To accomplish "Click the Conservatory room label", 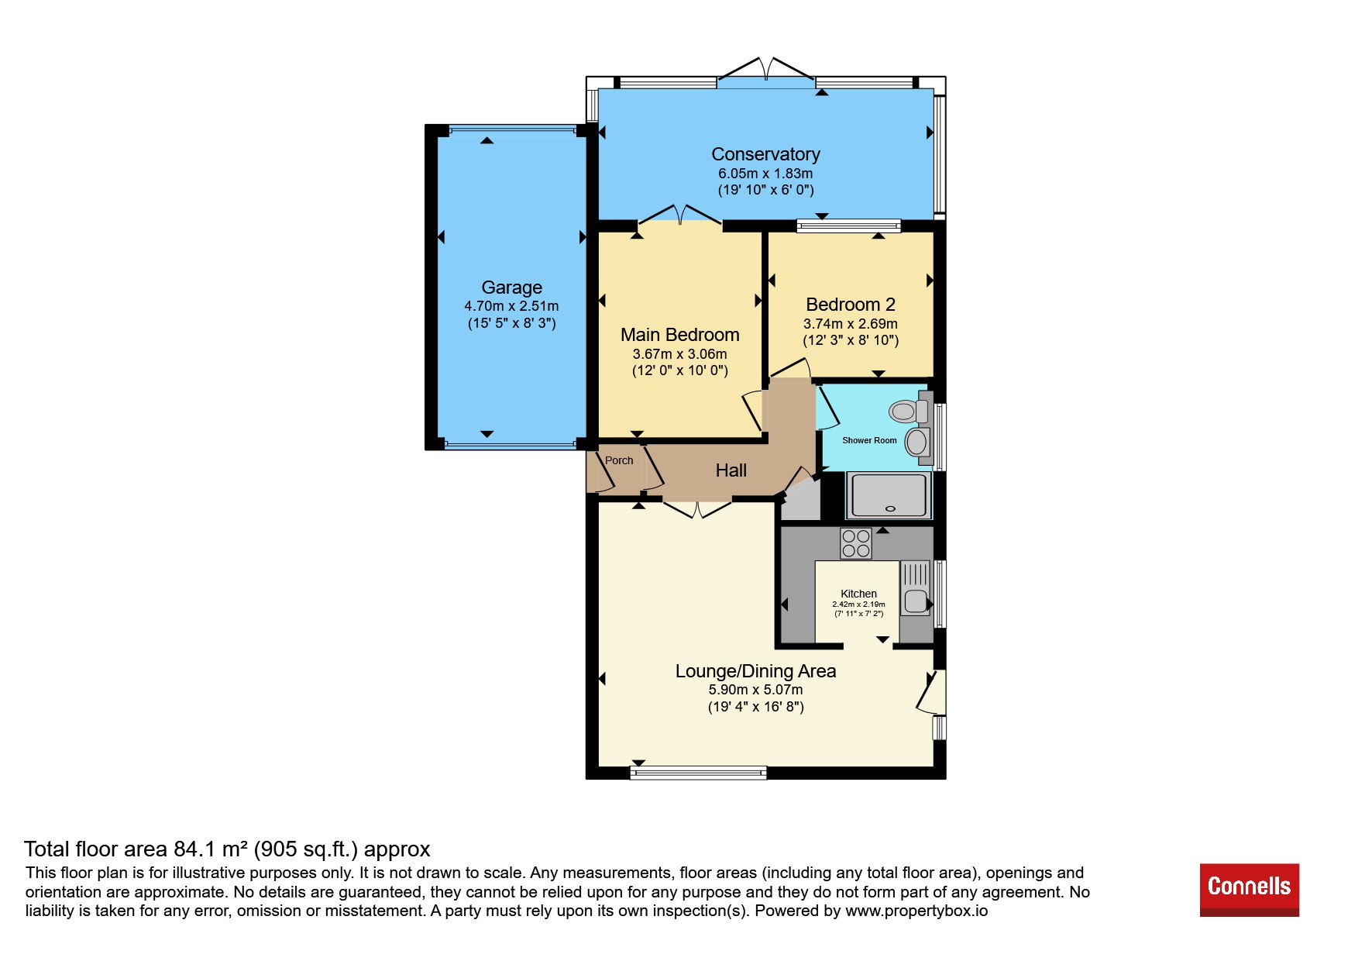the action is click(765, 154).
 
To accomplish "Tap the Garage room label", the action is click(511, 288).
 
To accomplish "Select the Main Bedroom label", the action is click(679, 335).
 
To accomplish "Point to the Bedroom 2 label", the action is click(851, 305).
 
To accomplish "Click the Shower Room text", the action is click(869, 440).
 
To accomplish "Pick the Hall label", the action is click(731, 470).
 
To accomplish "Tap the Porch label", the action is click(619, 460).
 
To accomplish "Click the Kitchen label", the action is click(858, 594).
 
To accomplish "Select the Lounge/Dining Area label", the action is click(755, 671).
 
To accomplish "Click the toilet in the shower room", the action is click(910, 410).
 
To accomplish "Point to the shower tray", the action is click(889, 495).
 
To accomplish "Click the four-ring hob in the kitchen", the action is click(855, 543).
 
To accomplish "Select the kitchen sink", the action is click(915, 588).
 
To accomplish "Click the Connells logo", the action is click(1249, 890).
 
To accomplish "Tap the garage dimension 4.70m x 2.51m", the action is click(511, 306).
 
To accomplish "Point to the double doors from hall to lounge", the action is click(697, 508).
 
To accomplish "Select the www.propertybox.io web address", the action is click(916, 911).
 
